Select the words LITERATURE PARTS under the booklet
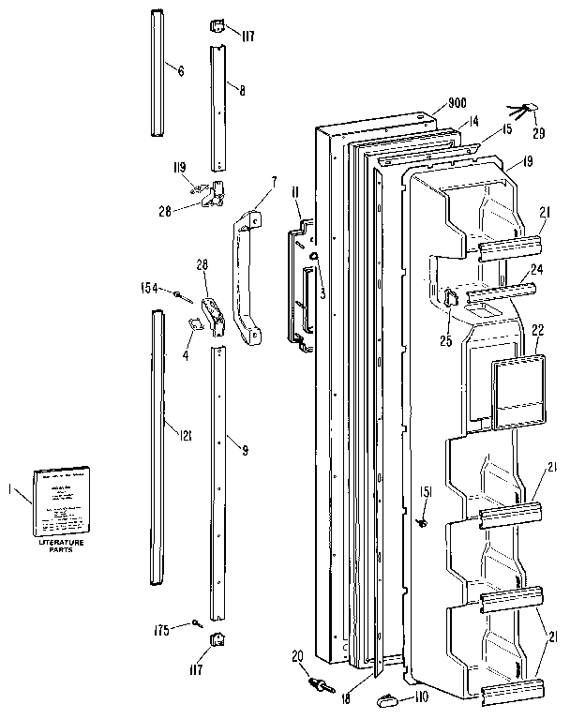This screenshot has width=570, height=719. pyautogui.click(x=60, y=546)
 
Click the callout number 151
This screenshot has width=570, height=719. pyautogui.click(x=425, y=494)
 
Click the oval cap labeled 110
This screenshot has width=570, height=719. pyautogui.click(x=387, y=697)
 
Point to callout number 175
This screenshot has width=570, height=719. pyautogui.click(x=161, y=630)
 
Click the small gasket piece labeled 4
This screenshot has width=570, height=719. pyautogui.click(x=198, y=323)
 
